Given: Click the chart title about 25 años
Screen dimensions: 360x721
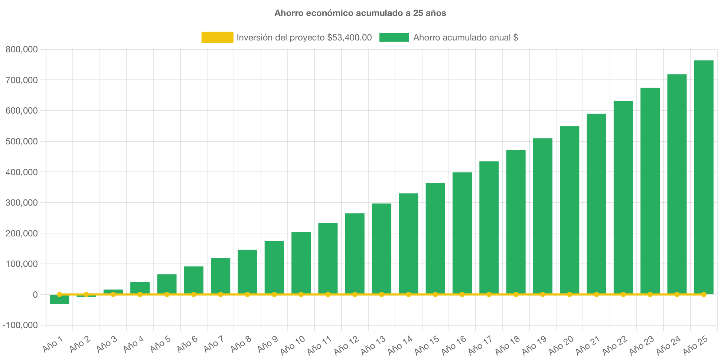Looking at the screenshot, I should pyautogui.click(x=360, y=13).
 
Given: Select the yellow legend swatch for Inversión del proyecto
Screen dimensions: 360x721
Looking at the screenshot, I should pyautogui.click(x=217, y=37).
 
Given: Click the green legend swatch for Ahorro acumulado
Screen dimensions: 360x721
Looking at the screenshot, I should pyautogui.click(x=394, y=37).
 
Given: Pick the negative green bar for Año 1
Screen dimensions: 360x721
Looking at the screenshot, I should pyautogui.click(x=59, y=300).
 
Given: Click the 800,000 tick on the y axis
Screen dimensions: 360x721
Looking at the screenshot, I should pyautogui.click(x=22, y=49).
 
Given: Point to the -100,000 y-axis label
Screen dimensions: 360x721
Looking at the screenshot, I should pyautogui.click(x=20, y=325).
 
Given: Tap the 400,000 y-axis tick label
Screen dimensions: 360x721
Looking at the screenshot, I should pyautogui.click(x=22, y=172).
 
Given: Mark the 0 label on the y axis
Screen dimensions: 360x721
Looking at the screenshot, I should pyautogui.click(x=35, y=295).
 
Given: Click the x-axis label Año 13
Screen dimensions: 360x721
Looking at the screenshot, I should pyautogui.click(x=373, y=345).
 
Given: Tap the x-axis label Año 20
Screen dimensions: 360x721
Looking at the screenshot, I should pyautogui.click(x=561, y=345).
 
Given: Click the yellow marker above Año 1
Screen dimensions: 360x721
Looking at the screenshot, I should pyautogui.click(x=59, y=294).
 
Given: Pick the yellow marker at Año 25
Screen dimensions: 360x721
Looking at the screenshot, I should pyautogui.click(x=704, y=294).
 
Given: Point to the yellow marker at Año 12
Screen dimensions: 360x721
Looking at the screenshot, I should pyautogui.click(x=355, y=294).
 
